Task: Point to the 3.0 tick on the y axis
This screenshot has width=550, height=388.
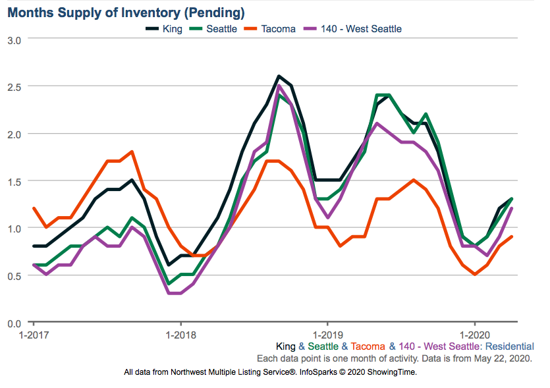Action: pos(15,40)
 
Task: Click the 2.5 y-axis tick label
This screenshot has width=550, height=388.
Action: pos(15,87)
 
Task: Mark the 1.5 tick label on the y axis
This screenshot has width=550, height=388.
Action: pos(15,181)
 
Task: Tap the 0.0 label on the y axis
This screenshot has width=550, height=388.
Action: pos(15,323)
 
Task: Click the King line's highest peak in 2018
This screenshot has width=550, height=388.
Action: pos(279,76)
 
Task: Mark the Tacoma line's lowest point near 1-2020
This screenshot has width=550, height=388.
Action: pos(475,274)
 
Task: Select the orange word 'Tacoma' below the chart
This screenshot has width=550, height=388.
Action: pos(368,346)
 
